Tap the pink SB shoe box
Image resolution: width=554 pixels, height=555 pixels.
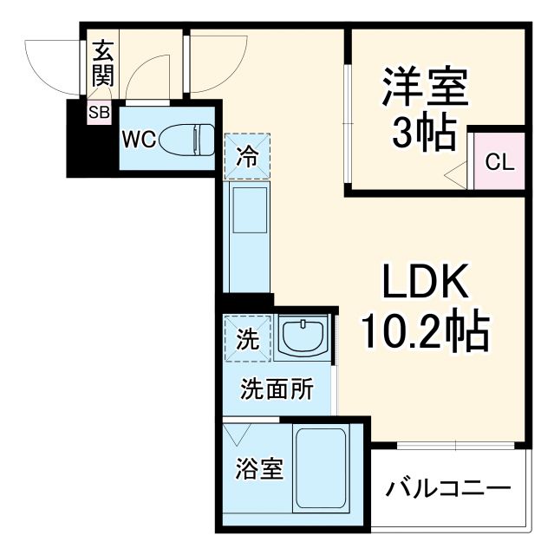click(97, 112)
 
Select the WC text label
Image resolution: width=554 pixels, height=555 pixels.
click(139, 139)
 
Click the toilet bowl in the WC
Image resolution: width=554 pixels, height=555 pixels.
click(192, 139)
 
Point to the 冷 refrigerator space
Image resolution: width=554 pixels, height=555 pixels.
click(248, 157)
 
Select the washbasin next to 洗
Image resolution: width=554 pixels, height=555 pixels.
click(303, 337)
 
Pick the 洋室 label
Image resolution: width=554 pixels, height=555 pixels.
click(425, 87)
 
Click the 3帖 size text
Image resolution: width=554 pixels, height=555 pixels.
click(424, 134)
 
